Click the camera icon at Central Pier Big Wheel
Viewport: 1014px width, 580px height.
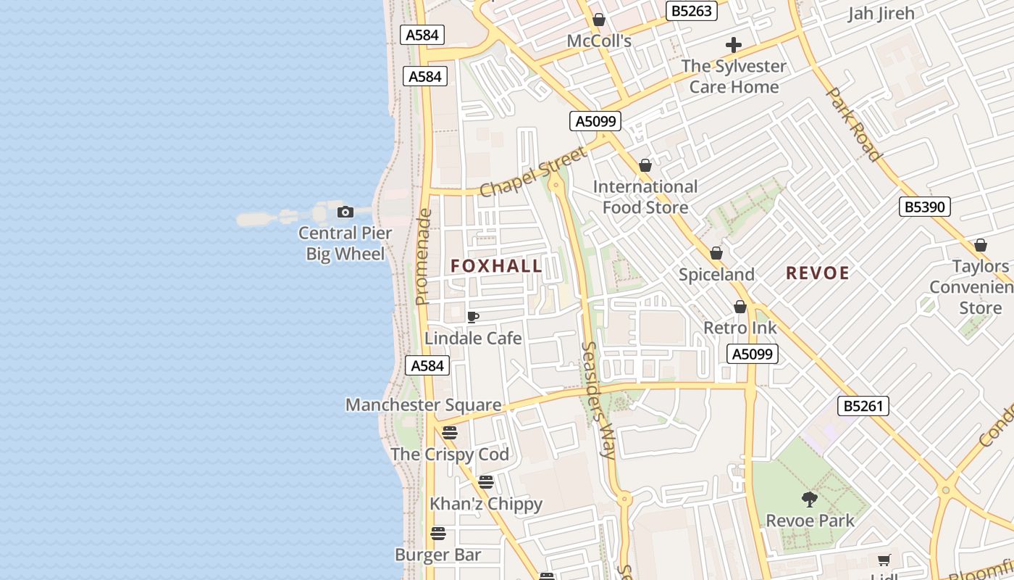click(345, 212)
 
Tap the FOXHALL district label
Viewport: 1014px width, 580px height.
click(496, 266)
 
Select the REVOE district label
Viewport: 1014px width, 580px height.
click(818, 273)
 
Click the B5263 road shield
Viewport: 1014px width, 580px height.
click(692, 11)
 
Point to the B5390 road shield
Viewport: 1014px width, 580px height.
click(925, 207)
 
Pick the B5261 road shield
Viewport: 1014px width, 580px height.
click(863, 406)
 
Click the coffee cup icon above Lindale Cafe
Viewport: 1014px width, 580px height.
click(473, 317)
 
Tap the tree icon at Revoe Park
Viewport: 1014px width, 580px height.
click(810, 499)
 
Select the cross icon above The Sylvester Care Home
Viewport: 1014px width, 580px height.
click(734, 45)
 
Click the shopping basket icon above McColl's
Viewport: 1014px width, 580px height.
click(599, 20)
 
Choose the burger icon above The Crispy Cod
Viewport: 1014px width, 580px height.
click(450, 433)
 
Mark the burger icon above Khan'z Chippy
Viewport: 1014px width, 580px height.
click(486, 482)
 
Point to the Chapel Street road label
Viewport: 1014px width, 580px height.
click(533, 172)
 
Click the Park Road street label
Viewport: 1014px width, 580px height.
click(854, 124)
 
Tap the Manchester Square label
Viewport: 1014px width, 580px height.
click(423, 405)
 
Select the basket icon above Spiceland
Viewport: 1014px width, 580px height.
click(716, 253)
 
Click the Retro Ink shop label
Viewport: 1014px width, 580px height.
click(740, 328)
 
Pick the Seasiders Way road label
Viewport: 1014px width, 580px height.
click(599, 400)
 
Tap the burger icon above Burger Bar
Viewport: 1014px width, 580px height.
click(438, 534)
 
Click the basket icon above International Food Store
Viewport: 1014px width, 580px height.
click(645, 165)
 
